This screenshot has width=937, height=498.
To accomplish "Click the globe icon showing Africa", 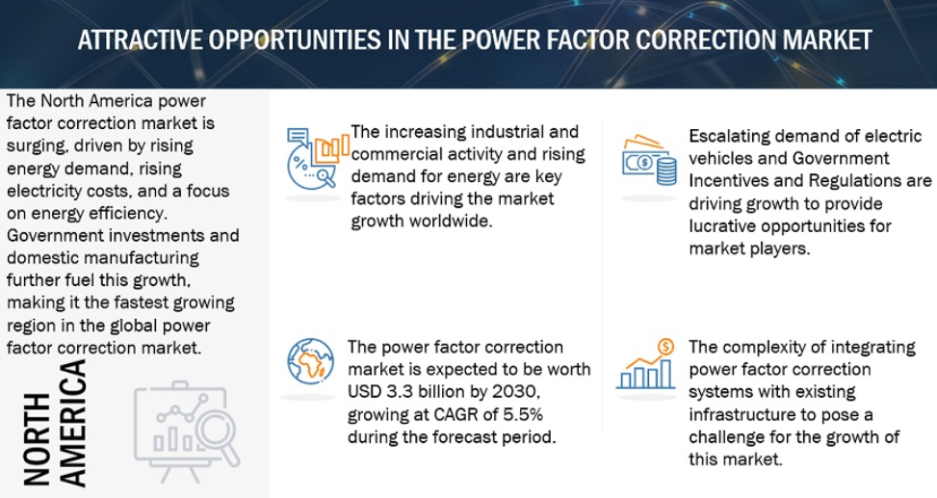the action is click(x=310, y=361).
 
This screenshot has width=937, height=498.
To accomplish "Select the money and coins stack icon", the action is click(x=649, y=161).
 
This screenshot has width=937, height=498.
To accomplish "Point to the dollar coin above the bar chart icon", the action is click(x=665, y=346).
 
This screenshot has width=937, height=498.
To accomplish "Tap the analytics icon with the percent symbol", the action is click(x=318, y=158).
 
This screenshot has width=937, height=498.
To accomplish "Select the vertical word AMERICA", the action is click(x=73, y=423).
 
